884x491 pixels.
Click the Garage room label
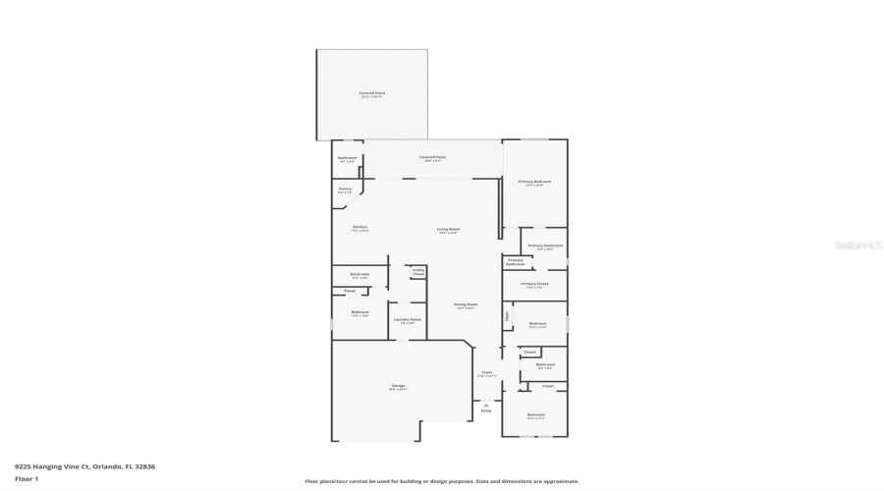pyautogui.click(x=398, y=386)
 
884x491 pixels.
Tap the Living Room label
pyautogui.click(x=449, y=230)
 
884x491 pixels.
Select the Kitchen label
pyautogui.click(x=359, y=228)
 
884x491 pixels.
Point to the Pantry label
pyautogui.click(x=345, y=190)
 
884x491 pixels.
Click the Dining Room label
pyautogui.click(x=466, y=305)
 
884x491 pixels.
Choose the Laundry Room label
pyautogui.click(x=408, y=320)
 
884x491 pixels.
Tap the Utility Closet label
pyautogui.click(x=418, y=272)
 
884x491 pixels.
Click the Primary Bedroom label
pyautogui.click(x=535, y=182)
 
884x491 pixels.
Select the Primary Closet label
pyautogui.click(x=535, y=285)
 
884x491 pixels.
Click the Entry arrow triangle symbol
pyautogui.click(x=485, y=404)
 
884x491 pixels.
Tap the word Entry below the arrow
pyautogui.click(x=485, y=410)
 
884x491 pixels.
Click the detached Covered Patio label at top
pyautogui.click(x=371, y=94)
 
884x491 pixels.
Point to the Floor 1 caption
pyautogui.click(x=27, y=478)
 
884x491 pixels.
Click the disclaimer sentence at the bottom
pyautogui.click(x=442, y=481)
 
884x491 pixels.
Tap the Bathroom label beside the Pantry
pyautogui.click(x=348, y=159)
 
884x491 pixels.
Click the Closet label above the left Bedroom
pyautogui.click(x=350, y=291)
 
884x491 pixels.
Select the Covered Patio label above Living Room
pyautogui.click(x=432, y=157)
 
